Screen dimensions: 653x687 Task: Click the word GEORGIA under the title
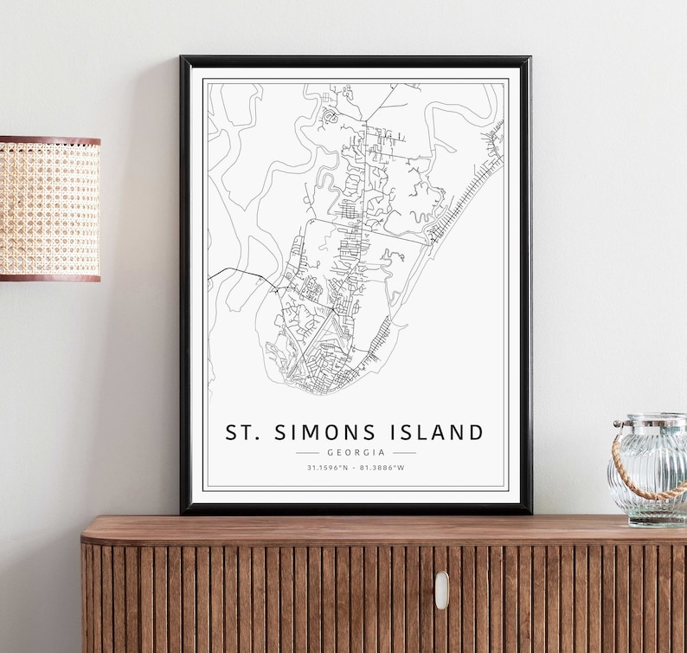pos(356,452)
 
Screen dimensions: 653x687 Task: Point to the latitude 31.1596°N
pos(327,468)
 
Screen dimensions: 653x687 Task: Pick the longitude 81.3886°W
pos(383,468)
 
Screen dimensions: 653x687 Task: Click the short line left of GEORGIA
pos(307,452)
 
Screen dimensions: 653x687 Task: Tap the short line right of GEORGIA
pos(404,452)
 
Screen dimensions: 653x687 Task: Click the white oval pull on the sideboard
pos(441,590)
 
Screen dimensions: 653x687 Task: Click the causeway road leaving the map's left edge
pos(227,272)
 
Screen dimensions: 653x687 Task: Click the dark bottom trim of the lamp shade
pos(49,276)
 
